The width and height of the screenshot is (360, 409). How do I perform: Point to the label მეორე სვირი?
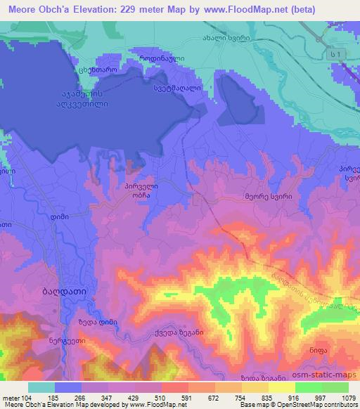click(x=266, y=198)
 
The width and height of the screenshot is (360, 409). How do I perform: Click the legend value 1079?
click(x=348, y=398)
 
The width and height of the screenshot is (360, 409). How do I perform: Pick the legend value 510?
click(x=167, y=398)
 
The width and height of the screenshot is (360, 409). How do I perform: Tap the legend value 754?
click(x=245, y=398)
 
